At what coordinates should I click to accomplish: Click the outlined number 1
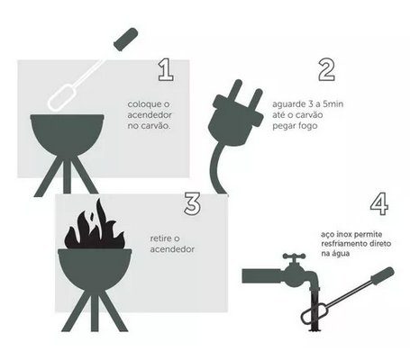167,70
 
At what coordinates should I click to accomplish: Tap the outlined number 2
326,70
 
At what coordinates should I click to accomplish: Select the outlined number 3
193,204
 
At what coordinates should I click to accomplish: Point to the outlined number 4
379,204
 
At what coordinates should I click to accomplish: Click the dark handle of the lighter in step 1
126,39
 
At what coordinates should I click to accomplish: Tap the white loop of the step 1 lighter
61,97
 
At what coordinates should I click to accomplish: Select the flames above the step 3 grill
95,227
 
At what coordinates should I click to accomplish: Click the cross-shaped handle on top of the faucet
295,256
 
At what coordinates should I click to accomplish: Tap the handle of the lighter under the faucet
382,275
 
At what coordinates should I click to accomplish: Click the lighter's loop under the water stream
313,316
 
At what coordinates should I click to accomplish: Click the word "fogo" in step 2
306,126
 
